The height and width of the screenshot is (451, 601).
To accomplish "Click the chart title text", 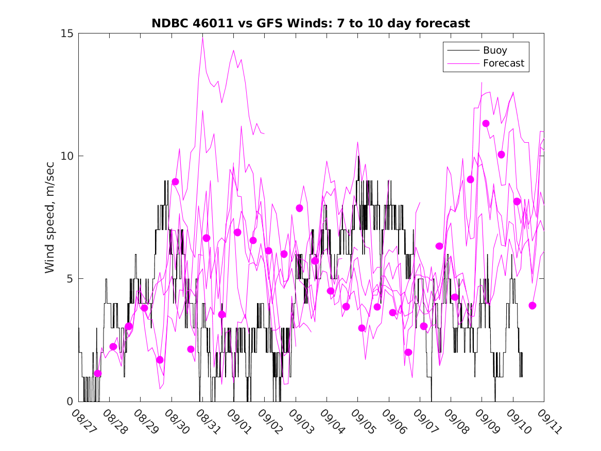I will click(x=311, y=24).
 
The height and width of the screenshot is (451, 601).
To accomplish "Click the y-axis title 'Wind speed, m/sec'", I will click(x=50, y=216).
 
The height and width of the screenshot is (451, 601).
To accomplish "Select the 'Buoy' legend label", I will click(x=495, y=51).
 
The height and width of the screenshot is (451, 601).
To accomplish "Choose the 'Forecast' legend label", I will click(x=503, y=63).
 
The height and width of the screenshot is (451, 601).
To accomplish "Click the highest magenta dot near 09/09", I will click(x=486, y=123).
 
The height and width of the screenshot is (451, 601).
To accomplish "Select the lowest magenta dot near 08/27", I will click(x=98, y=373).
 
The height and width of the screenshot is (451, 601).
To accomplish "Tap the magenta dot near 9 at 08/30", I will click(x=175, y=181).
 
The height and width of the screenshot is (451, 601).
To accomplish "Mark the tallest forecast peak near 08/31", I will click(x=202, y=37).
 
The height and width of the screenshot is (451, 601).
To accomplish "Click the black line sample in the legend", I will click(x=462, y=51).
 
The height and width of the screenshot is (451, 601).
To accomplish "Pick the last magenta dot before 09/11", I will click(x=533, y=306).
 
